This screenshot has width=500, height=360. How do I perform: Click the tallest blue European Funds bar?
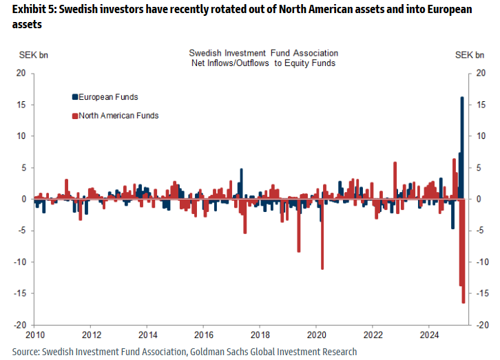point(461,148)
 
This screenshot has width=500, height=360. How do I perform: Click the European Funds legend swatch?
point(74,97)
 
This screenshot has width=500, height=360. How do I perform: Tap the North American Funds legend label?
point(118,116)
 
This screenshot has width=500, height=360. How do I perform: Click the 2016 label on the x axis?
point(204,335)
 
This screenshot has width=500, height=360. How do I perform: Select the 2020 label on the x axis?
point(316,335)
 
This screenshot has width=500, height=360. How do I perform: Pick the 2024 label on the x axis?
point(429,335)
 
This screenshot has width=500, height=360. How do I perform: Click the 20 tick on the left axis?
point(21,73)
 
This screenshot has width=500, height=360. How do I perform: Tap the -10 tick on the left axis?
point(19,262)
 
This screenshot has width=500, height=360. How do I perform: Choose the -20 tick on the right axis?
point(482,325)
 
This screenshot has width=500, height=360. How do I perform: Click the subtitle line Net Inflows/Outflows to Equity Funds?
point(264,63)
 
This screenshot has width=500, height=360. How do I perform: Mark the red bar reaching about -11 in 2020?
point(322,234)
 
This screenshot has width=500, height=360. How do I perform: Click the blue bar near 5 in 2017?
point(241,184)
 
